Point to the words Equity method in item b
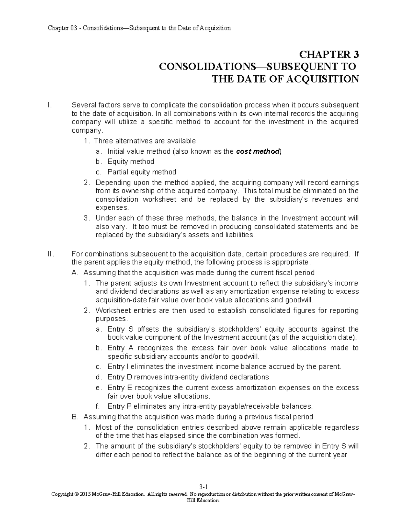131,162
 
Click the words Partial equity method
142,172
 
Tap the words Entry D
121,377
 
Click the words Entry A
120,348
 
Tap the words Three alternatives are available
145,141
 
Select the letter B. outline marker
75,417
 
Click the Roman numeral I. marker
50,105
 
